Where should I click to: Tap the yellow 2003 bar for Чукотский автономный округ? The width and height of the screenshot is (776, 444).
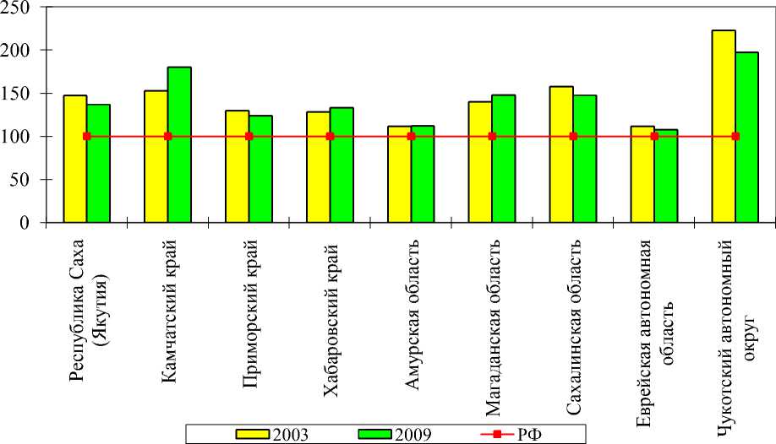pyautogui.click(x=724, y=127)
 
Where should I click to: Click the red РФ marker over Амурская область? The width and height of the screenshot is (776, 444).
pyautogui.click(x=411, y=136)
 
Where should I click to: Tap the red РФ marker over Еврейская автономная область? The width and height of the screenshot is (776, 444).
pyautogui.click(x=654, y=136)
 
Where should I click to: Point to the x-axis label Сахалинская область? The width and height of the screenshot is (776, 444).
pyautogui.click(x=573, y=328)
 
